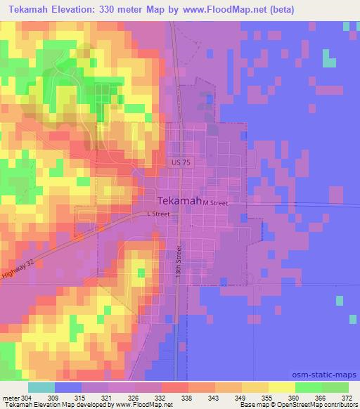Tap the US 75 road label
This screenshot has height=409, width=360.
click(x=180, y=162)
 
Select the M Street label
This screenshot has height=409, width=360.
click(x=216, y=202)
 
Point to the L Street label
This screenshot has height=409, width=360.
click(x=158, y=214)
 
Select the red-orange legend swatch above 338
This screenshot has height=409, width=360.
click(x=174, y=387)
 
